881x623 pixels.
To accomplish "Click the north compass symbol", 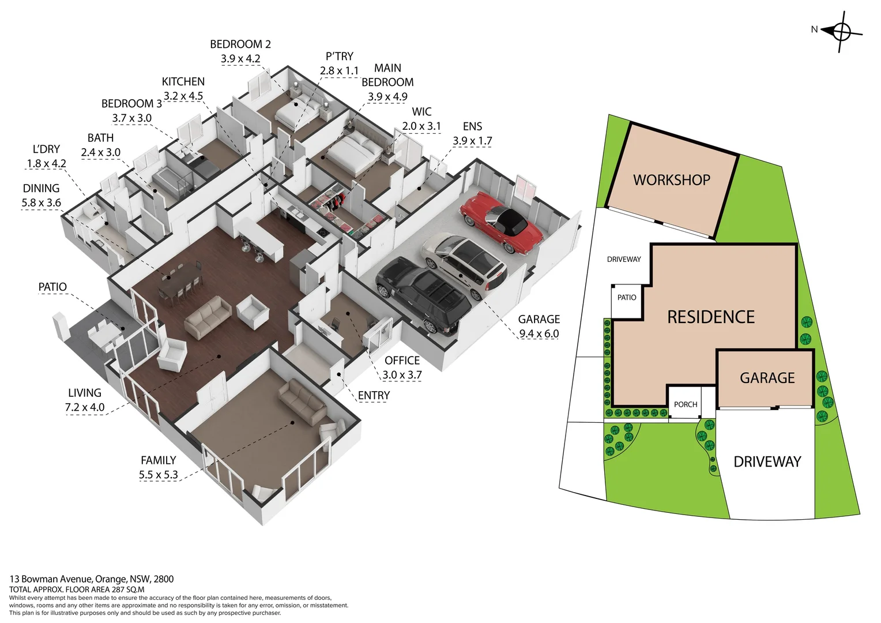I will (x=841, y=31).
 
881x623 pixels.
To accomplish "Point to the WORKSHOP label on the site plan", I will (x=672, y=180).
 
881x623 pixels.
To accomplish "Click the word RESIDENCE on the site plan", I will (x=710, y=317).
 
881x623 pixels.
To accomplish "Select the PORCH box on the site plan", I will (x=686, y=404).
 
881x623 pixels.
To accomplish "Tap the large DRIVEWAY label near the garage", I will (x=767, y=461).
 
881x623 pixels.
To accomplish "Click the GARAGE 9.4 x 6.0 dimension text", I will (x=539, y=333).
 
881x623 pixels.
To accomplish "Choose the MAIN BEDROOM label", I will (x=387, y=76).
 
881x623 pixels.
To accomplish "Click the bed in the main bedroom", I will (x=352, y=152).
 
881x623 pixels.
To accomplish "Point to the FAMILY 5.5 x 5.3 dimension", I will (x=158, y=475).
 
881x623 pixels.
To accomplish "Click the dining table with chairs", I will (x=180, y=282).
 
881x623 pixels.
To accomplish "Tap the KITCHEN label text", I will (x=183, y=82).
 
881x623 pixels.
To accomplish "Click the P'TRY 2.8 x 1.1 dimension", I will (x=339, y=70).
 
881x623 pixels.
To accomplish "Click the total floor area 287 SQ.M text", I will (x=77, y=590).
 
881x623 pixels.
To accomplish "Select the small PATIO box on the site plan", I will (x=626, y=298).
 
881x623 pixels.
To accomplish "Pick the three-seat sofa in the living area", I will (x=208, y=316).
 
